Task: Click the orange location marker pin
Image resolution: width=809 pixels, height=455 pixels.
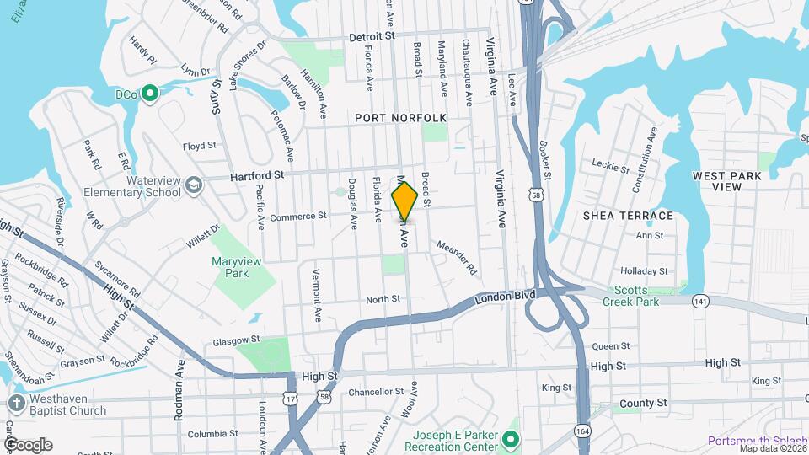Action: coord(404,201)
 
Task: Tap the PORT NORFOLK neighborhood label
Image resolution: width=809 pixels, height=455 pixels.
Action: coord(400,118)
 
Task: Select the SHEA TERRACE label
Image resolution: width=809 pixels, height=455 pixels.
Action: coord(628,216)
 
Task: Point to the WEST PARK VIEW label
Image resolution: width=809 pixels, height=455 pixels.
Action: coord(727,181)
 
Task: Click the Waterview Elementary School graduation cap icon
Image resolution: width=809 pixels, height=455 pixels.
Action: coord(195,185)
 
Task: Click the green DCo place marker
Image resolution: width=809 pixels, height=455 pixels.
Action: coord(150,93)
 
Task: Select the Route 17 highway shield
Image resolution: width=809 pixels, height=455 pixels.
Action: coord(290,396)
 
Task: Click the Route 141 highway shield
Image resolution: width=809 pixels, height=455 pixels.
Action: coord(699,300)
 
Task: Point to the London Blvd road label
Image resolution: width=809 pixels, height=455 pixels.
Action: coord(506,298)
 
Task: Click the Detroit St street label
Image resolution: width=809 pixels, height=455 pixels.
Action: coord(372,37)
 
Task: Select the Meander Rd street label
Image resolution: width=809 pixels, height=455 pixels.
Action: coord(457,258)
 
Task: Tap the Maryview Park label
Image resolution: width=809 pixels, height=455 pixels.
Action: coord(238,267)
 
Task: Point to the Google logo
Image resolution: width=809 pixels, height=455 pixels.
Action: coord(29,444)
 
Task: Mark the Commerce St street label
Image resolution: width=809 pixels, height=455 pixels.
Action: coord(297,217)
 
